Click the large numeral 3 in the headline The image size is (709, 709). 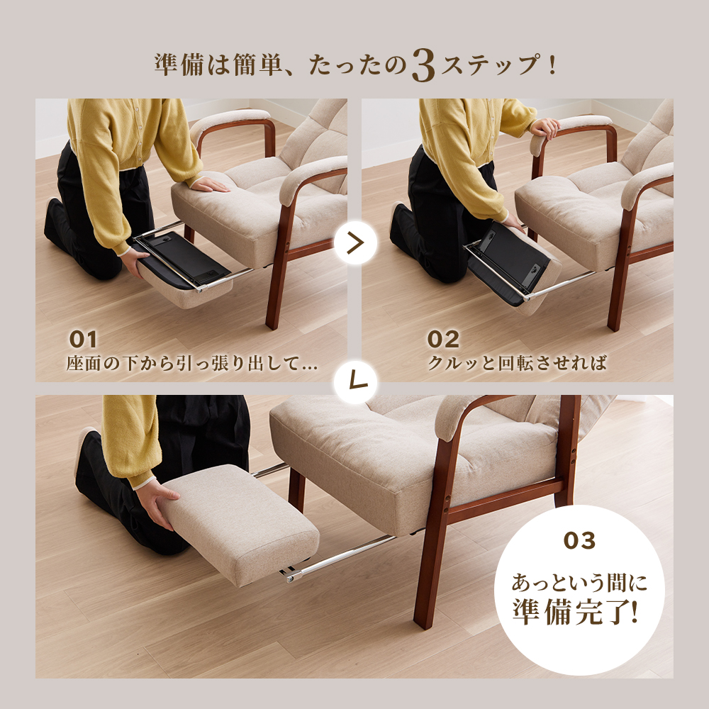click(x=424, y=65)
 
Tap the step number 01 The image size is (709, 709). click(x=83, y=340)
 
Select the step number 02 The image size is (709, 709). click(x=443, y=340)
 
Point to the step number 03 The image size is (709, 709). click(x=579, y=540)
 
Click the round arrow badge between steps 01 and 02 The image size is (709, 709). click(x=356, y=242)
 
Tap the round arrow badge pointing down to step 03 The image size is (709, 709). click(x=356, y=382)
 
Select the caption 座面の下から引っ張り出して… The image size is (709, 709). click(x=191, y=364)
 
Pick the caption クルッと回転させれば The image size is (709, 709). click(x=517, y=364)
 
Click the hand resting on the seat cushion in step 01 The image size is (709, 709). click(x=210, y=184)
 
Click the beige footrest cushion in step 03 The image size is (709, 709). click(x=240, y=524)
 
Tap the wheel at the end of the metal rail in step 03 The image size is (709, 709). click(x=290, y=577)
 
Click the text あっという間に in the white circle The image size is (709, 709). click(x=579, y=582)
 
